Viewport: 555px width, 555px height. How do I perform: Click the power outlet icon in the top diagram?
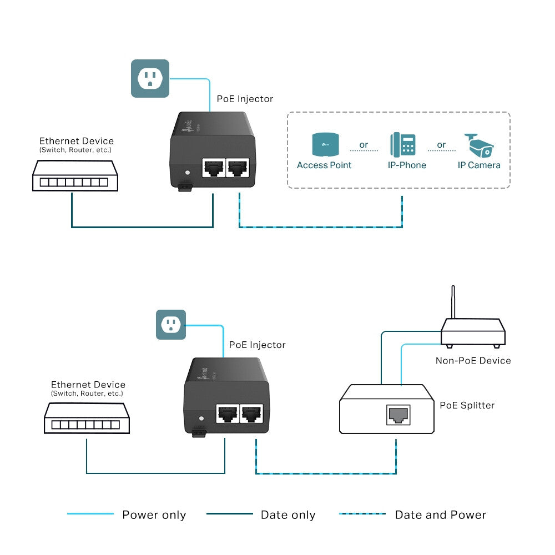[x=150, y=78]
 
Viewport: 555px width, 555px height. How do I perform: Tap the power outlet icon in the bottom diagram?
[x=170, y=325]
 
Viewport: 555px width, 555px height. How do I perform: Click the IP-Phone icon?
[x=403, y=144]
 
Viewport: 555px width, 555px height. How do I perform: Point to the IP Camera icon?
[x=478, y=145]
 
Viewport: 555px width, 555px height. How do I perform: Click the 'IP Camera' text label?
[x=478, y=165]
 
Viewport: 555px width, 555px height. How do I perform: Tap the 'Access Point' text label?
[x=324, y=165]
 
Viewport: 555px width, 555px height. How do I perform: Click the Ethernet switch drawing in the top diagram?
[x=75, y=176]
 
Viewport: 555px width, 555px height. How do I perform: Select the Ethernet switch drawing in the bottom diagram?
[x=87, y=418]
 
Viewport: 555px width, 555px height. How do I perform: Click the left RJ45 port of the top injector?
[x=213, y=167]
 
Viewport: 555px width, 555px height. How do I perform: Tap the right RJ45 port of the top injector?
[x=238, y=167]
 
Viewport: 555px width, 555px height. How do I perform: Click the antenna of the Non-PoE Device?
[x=453, y=302]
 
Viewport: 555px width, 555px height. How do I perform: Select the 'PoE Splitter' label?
[x=467, y=406]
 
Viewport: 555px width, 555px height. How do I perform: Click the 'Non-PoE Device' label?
[x=473, y=361]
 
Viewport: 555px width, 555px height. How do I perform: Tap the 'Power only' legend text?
[x=154, y=515]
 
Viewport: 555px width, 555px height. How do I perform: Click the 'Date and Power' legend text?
[x=440, y=515]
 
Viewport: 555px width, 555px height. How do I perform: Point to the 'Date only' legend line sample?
[x=229, y=514]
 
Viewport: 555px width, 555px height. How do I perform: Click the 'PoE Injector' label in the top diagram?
[x=245, y=99]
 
